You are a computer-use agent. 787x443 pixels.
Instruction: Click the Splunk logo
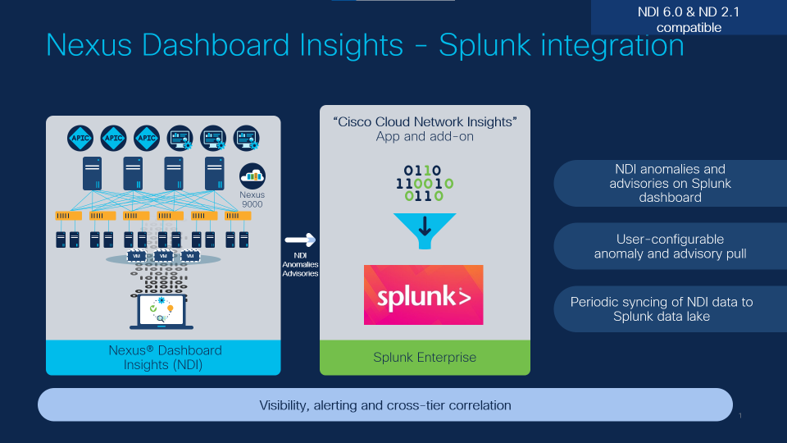pos(424,295)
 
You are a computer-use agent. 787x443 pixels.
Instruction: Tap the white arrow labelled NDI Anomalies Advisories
pos(300,240)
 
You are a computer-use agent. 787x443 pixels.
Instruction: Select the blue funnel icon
pos(424,231)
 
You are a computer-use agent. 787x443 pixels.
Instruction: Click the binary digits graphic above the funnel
pos(424,183)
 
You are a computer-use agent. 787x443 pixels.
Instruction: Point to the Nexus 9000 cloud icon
pos(252,175)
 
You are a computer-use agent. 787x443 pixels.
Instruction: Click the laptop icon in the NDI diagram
pos(162,312)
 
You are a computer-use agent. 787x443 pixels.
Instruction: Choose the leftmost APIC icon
pos(80,137)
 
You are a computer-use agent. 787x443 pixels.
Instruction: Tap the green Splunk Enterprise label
pos(425,358)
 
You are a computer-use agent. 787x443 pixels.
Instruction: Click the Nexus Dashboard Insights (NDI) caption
pos(164,358)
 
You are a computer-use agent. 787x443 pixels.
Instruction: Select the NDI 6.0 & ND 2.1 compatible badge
pos(689,19)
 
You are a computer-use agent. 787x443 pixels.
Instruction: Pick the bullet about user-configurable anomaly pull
pos(670,246)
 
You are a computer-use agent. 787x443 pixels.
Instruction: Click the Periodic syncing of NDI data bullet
pos(661,308)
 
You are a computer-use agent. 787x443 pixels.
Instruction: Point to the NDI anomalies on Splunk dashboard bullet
pos(670,183)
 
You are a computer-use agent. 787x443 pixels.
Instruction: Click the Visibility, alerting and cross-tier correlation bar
pos(385,405)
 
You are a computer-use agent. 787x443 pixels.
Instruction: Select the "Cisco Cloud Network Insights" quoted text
pos(425,122)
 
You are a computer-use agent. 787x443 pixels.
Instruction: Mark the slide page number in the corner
pos(740,416)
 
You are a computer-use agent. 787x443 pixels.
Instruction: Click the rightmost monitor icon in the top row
pos(247,137)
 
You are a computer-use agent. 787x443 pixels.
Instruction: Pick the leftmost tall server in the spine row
pos(91,173)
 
